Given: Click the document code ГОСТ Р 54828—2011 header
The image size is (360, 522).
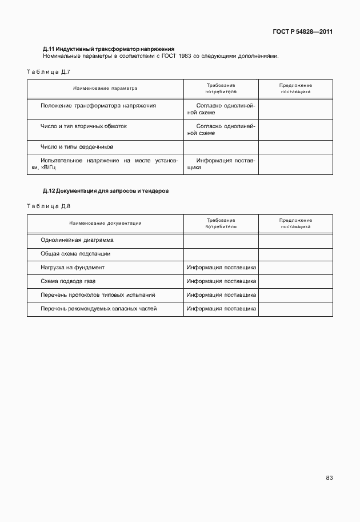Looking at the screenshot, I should click(302, 31).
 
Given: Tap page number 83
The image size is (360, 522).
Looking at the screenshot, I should click(329, 478).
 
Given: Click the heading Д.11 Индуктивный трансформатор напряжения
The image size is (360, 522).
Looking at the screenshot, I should click(109, 49).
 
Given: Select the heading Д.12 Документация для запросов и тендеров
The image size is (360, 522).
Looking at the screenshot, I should click(106, 191).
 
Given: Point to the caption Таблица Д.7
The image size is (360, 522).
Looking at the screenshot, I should click(48, 72).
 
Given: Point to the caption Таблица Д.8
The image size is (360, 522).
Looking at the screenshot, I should click(48, 206).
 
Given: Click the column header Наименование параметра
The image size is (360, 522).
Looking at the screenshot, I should click(105, 89).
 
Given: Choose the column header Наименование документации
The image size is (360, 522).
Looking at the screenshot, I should click(105, 223).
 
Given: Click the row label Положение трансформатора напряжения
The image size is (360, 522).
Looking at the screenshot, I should click(99, 106).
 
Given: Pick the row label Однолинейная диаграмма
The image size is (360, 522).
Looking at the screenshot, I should click(77, 240).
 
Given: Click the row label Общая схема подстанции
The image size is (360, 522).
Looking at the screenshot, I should click(75, 253).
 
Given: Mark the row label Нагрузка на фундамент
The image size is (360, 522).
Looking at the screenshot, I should click(73, 267).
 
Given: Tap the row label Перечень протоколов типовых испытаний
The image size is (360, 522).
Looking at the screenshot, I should click(98, 295).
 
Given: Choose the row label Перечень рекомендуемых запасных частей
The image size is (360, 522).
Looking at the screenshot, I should click(99, 309).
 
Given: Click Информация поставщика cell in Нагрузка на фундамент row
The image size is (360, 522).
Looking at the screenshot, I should click(221, 267).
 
